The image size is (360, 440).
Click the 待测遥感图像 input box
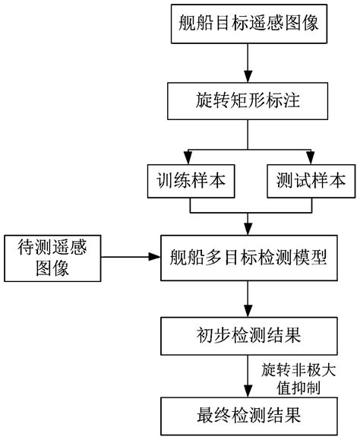[x=52, y=258]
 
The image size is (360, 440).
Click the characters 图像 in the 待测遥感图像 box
[x=52, y=269]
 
